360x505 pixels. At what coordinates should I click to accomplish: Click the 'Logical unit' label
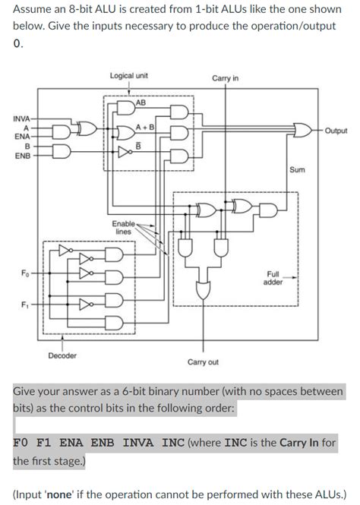click(x=128, y=76)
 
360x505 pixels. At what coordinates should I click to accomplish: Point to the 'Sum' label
click(x=297, y=169)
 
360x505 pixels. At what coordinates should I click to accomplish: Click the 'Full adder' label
click(x=273, y=277)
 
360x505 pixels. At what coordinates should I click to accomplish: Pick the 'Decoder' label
click(x=62, y=355)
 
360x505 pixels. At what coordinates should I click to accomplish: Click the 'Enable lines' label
click(x=123, y=228)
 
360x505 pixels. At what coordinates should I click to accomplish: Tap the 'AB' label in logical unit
click(x=141, y=103)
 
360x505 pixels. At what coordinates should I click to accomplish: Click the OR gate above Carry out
click(x=203, y=289)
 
